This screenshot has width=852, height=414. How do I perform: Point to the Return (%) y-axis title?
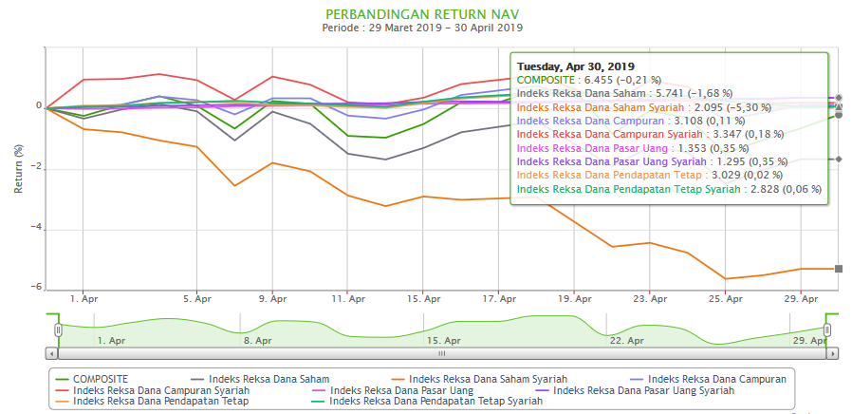pos(18,170)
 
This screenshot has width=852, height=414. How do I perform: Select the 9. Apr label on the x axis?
pos(273,298)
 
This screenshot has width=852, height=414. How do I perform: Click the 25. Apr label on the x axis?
pos(726,298)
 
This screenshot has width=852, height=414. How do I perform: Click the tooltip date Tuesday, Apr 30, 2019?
pos(575,66)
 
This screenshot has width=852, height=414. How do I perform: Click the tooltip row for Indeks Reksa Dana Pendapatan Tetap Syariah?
pos(668,190)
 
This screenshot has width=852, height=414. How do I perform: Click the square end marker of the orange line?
pos(839,269)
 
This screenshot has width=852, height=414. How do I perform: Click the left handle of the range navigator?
pos(58,329)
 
